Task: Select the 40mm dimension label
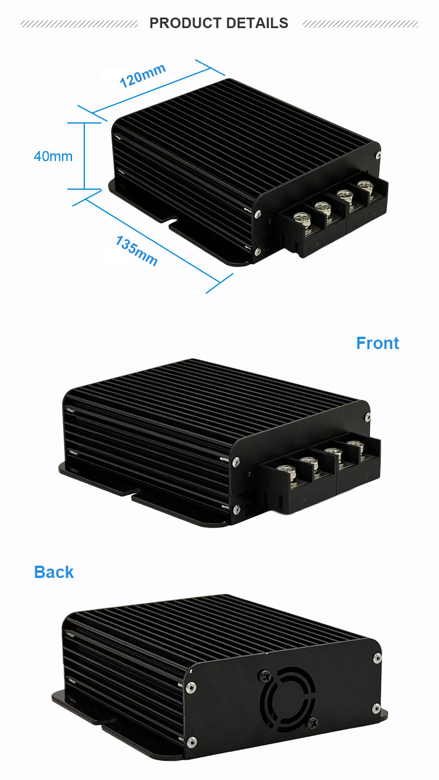(x=53, y=156)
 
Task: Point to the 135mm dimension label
(x=136, y=251)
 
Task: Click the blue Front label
(x=378, y=343)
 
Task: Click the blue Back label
(x=54, y=572)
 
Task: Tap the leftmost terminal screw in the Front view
(x=285, y=470)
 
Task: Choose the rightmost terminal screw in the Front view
(x=353, y=443)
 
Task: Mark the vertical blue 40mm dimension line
(x=85, y=156)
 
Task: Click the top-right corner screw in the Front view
(x=367, y=417)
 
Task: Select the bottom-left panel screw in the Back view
(x=191, y=741)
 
